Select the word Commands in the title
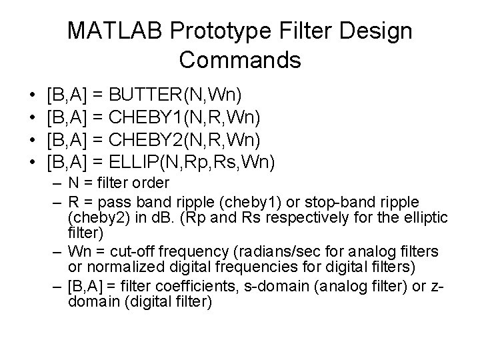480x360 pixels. coord(240,60)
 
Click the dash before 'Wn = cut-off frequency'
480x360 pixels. coord(57,251)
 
